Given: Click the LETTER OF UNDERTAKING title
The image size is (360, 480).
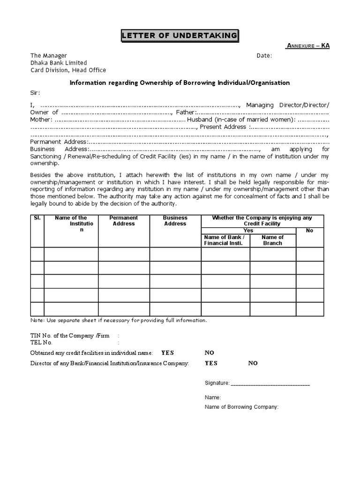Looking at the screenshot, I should (x=180, y=36).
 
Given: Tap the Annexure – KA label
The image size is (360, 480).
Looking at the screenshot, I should (x=307, y=46).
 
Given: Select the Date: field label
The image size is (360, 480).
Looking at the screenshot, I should (x=264, y=56).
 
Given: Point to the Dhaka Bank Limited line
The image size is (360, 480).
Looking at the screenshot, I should (x=59, y=63).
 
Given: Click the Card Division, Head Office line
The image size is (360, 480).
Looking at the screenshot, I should (x=68, y=70).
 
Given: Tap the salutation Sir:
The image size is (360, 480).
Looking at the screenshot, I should (x=35, y=92).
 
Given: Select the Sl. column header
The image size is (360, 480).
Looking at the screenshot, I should (x=37, y=218).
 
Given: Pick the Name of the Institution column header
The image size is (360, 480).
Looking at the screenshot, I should (x=71, y=224).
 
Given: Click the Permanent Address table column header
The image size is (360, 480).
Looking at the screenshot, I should (x=124, y=221).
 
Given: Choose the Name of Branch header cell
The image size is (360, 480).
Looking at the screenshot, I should (x=272, y=240).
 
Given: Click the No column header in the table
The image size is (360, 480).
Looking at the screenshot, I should (x=309, y=231).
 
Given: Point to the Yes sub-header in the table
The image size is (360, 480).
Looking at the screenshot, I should (x=248, y=231).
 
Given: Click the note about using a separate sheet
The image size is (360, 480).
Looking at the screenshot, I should (x=118, y=321).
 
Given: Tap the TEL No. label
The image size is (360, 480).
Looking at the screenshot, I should (x=41, y=343).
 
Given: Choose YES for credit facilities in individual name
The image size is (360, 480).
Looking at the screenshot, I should (x=167, y=352).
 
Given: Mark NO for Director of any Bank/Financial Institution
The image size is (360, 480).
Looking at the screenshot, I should (x=253, y=363).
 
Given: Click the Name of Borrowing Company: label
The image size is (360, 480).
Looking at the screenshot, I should (x=241, y=407).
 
